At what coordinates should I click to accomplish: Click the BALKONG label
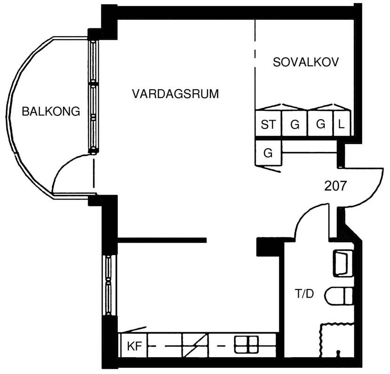click(51, 111)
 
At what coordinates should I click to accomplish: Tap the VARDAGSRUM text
click(175, 94)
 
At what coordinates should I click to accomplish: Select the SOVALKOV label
click(306, 62)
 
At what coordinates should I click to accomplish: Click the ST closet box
click(268, 123)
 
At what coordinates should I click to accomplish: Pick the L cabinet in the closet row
click(342, 123)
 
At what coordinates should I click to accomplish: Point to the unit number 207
click(335, 186)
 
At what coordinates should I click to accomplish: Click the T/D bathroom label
click(304, 294)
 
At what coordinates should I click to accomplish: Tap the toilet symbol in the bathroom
click(339, 296)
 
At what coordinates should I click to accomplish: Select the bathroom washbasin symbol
click(342, 263)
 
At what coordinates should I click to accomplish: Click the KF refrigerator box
click(134, 345)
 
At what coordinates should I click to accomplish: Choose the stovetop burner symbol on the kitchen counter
click(246, 344)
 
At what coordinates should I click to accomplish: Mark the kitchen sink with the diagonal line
click(195, 345)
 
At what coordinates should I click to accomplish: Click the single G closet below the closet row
click(268, 153)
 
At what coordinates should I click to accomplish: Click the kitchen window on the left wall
click(108, 285)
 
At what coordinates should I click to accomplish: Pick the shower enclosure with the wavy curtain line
click(336, 340)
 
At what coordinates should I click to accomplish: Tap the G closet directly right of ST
click(295, 123)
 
